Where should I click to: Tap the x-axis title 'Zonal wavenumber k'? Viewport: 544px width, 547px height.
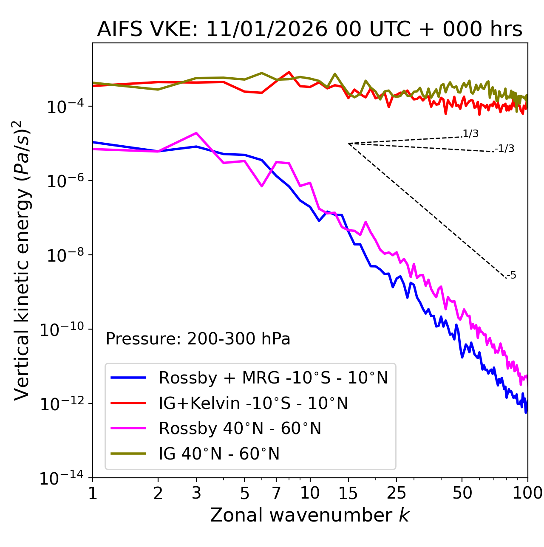(309, 515)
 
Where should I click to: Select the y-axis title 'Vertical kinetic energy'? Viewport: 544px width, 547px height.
(22, 260)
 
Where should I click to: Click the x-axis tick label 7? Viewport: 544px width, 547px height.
(276, 493)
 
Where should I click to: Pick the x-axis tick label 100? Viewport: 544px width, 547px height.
(527, 493)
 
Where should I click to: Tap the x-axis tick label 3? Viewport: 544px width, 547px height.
(196, 493)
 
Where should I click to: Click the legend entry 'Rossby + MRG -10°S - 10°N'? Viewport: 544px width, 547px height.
(273, 378)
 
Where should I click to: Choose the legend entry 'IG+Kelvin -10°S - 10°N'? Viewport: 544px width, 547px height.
(253, 403)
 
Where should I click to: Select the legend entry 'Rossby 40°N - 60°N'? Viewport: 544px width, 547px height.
(240, 429)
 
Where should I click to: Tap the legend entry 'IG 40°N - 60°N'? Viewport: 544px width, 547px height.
(219, 454)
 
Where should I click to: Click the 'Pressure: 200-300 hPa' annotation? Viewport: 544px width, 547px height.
(198, 339)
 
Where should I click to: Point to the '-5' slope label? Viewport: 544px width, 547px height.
(512, 275)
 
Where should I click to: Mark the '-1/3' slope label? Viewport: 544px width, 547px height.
(505, 149)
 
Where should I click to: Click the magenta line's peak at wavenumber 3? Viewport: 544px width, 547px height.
(196, 133)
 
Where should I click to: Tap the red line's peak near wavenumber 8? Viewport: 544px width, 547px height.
(289, 72)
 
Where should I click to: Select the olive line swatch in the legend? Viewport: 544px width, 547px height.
(128, 454)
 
